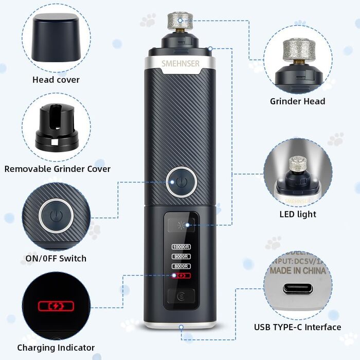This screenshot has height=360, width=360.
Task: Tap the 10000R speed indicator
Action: coord(182,246)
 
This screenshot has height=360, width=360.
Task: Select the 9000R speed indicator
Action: coord(182,256)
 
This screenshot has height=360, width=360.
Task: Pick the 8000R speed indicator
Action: coord(182,266)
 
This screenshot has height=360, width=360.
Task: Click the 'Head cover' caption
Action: coord(56,80)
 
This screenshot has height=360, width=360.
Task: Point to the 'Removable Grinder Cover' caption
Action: coord(58,169)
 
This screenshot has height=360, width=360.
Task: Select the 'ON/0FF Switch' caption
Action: coord(56,258)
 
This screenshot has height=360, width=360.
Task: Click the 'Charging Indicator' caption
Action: coord(56,348)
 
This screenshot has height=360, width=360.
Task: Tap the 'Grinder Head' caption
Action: coord(298,101)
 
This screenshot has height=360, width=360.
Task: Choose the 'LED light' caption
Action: coord(298,214)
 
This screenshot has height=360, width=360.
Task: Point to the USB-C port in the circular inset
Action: coord(298,289)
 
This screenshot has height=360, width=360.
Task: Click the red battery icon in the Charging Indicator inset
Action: coord(56,307)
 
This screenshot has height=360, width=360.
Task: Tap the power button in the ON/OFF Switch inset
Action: coord(56,215)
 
